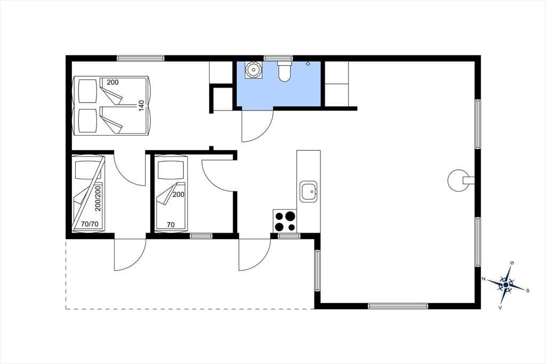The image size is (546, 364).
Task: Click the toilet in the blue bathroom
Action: (285, 72)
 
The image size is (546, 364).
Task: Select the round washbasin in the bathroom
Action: (253, 70)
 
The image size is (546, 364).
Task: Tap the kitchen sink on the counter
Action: (309, 192)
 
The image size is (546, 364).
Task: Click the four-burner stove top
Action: (285, 221)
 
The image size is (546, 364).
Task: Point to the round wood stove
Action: (457, 180)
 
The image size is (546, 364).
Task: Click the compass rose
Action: (506, 285)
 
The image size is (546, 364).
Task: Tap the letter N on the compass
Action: (483, 279)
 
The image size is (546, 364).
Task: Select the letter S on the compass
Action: (527, 290)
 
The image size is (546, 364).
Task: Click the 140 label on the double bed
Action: (141, 106)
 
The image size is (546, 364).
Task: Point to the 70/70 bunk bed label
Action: (90, 224)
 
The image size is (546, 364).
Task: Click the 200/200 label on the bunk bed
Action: (98, 199)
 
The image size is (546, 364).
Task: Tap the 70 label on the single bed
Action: (171, 225)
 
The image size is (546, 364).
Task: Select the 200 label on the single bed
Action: (178, 195)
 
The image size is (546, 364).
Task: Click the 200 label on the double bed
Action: (113, 82)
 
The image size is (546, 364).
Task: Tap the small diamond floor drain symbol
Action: (308, 64)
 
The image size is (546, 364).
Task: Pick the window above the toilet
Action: (278, 58)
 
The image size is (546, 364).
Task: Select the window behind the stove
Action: (289, 236)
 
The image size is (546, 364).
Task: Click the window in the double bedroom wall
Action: (140, 58)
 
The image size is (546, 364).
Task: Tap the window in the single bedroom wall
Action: (201, 236)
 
